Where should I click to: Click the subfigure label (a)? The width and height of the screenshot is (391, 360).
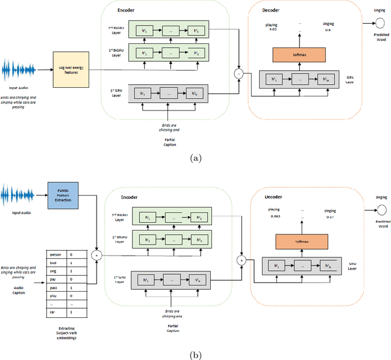[x=195, y=157]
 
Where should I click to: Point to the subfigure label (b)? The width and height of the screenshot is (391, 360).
[x=195, y=354]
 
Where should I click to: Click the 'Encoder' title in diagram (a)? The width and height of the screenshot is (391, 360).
[x=127, y=10]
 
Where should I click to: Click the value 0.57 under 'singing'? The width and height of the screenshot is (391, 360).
[x=331, y=217]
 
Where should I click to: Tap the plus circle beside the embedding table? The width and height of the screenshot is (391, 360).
[x=95, y=252]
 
